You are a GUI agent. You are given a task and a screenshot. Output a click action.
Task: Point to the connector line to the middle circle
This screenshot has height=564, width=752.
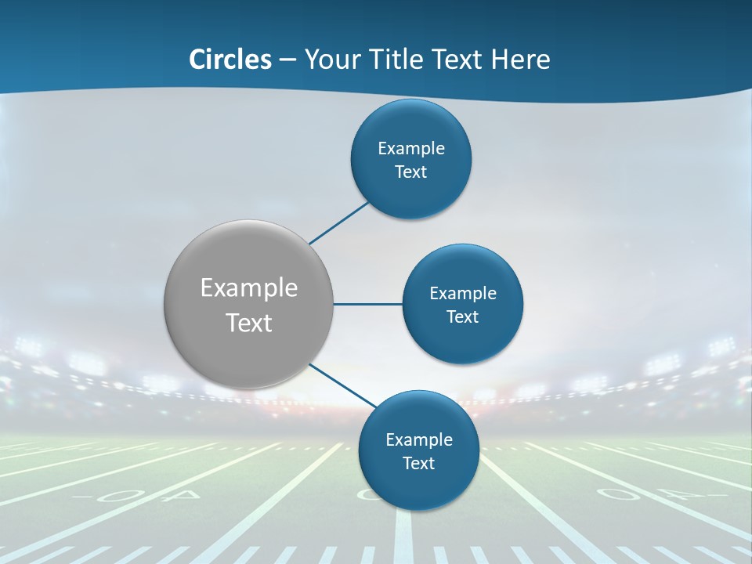tap(368, 304)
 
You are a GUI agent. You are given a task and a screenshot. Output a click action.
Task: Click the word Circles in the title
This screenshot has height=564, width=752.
tap(230, 60)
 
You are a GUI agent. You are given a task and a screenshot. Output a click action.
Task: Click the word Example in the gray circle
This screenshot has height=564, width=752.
tap(249, 288)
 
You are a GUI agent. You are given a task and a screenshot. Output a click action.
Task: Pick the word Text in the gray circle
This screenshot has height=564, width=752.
tap(249, 323)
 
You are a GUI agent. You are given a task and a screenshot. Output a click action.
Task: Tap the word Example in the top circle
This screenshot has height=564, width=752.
tap(411, 149)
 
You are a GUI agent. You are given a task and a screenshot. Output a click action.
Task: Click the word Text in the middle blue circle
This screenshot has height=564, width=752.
tap(462, 317)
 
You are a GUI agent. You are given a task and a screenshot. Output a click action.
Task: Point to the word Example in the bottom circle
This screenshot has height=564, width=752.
tap(419, 440)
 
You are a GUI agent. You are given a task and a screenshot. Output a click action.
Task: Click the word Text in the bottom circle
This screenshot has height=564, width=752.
tap(419, 464)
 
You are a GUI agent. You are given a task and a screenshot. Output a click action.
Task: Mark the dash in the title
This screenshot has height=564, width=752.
tap(287, 60)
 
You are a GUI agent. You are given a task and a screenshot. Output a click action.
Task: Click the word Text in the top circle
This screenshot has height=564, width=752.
tap(411, 172)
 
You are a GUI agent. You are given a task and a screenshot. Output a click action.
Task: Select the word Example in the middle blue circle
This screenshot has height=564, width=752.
tap(463, 294)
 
